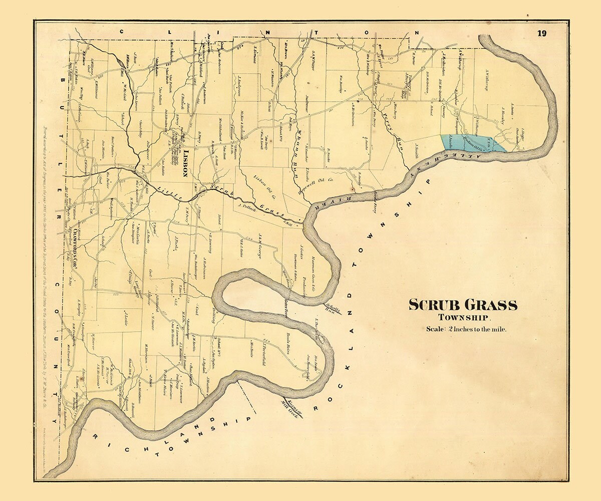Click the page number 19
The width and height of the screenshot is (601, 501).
542,34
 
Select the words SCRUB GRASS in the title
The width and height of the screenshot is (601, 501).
463,305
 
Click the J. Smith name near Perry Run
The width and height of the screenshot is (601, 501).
416,150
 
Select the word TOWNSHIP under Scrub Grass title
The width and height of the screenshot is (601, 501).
465,317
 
